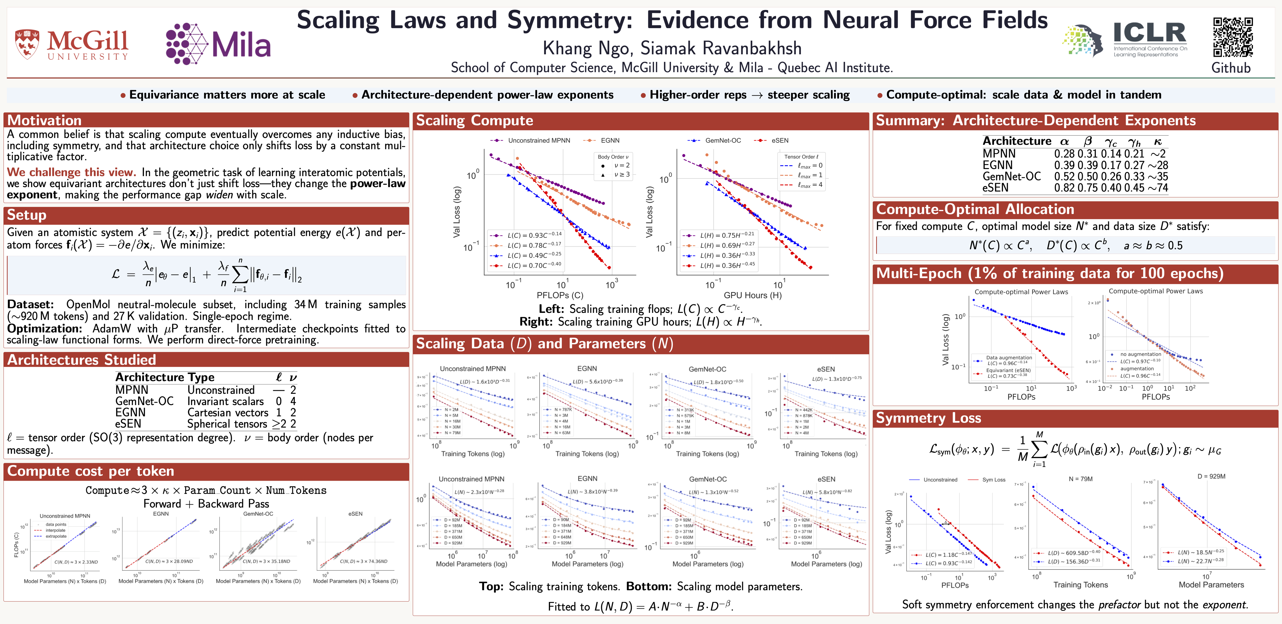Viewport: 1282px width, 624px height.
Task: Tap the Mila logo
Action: coord(218,44)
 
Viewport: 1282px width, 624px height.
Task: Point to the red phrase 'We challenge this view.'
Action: coord(71,172)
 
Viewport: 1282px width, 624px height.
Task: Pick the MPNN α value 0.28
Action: coord(1064,154)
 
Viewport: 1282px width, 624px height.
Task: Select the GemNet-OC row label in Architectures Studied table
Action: coord(144,401)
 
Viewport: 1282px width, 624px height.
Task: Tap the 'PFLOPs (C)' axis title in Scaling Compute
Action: coord(560,295)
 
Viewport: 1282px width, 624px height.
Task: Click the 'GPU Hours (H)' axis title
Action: coord(752,295)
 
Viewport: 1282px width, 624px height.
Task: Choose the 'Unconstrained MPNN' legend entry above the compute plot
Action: coord(539,141)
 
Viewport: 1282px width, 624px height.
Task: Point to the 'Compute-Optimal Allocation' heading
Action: coord(975,209)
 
